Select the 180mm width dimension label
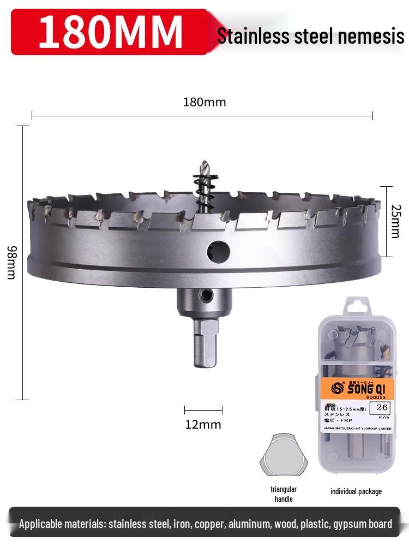(204, 102)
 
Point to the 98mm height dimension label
(11, 262)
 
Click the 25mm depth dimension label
(396, 221)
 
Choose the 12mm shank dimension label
(203, 424)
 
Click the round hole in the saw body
(219, 251)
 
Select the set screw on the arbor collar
(206, 296)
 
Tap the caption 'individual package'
(356, 491)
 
